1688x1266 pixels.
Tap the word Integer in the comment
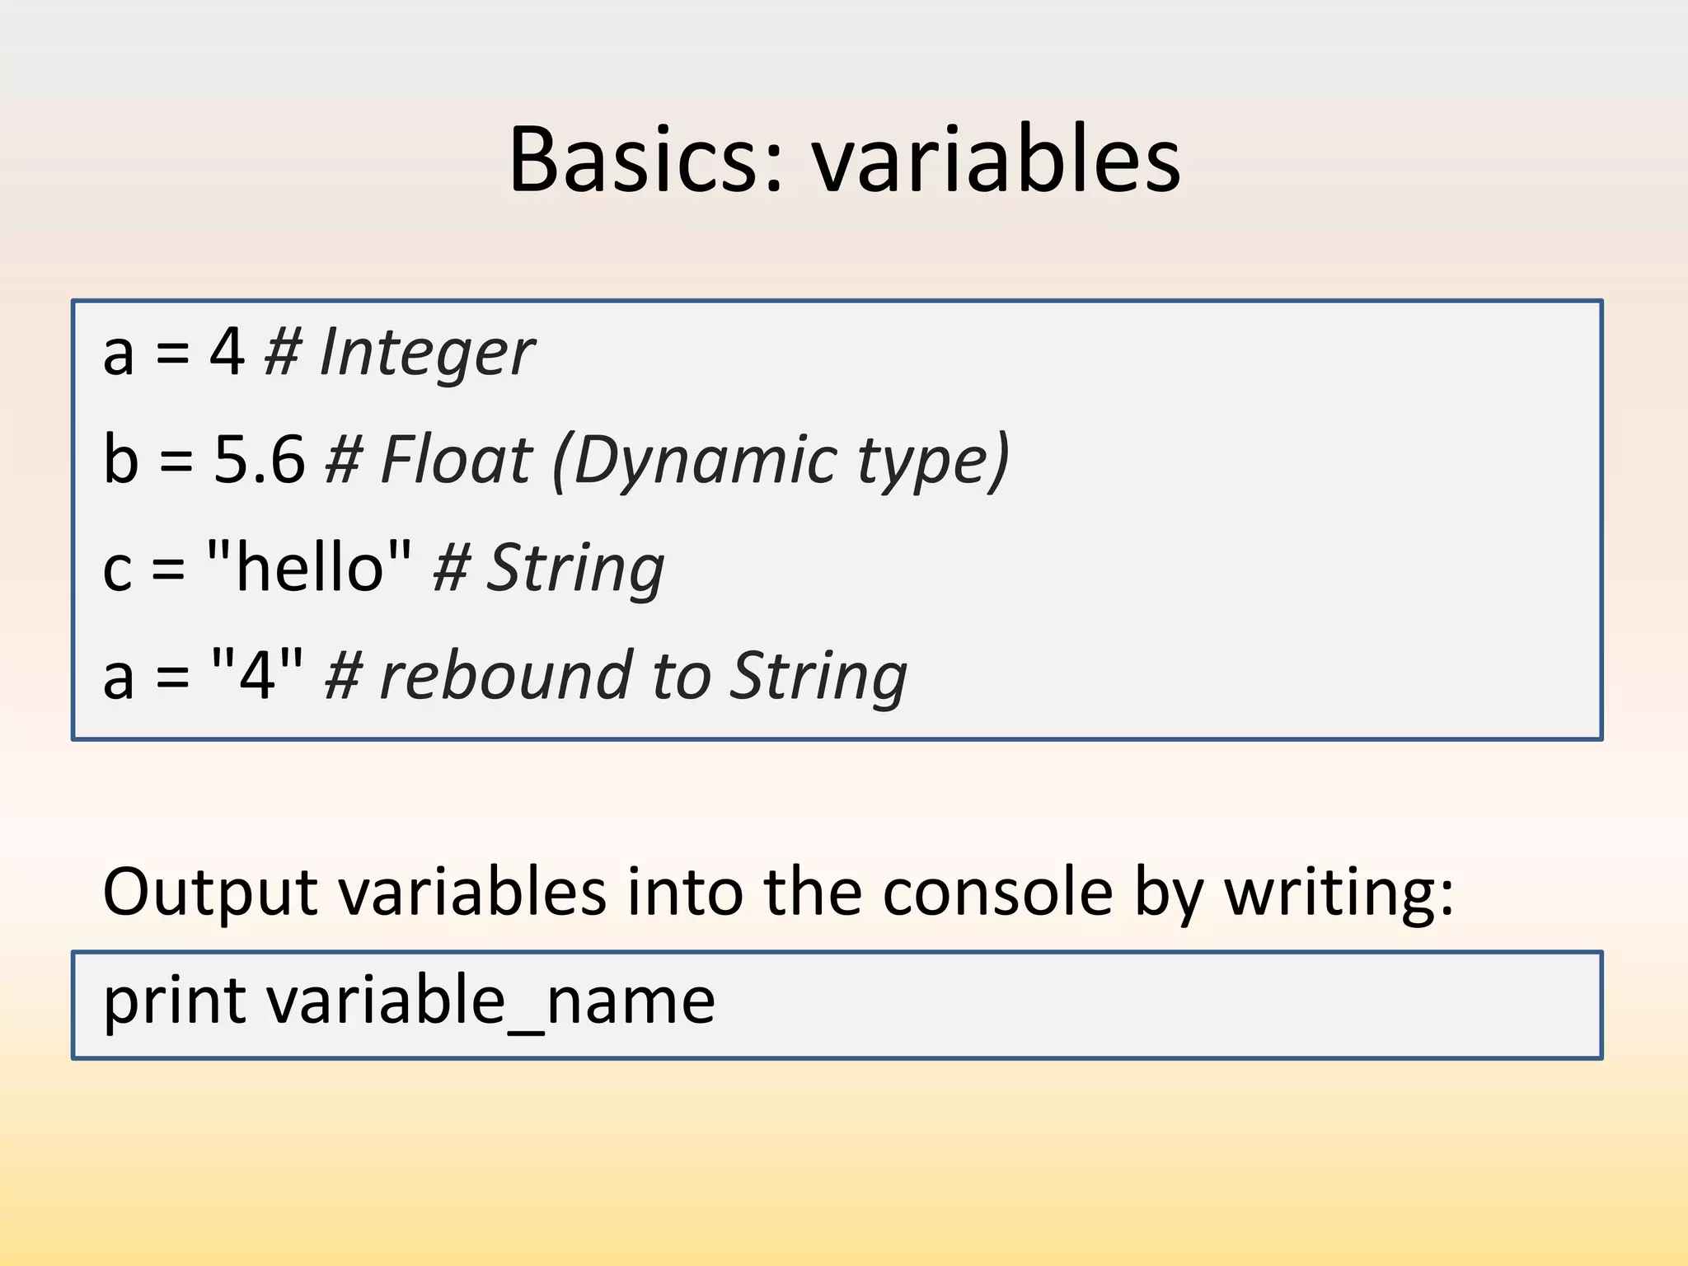[427, 353]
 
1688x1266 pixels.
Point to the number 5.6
[260, 459]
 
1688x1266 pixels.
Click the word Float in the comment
[457, 459]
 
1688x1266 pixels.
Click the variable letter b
[120, 459]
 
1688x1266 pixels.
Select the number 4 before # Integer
[227, 352]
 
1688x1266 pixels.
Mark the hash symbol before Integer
[283, 353]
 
